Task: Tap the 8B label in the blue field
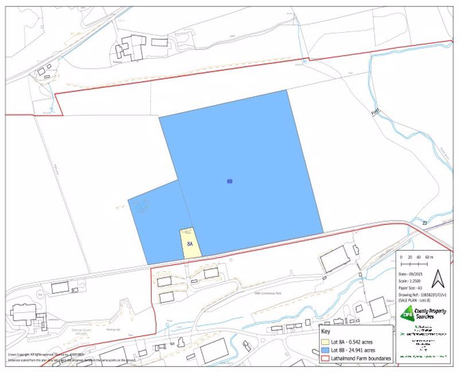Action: [x=229, y=181]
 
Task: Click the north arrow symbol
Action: [x=438, y=280]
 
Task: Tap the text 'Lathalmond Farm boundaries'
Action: [x=365, y=358]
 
